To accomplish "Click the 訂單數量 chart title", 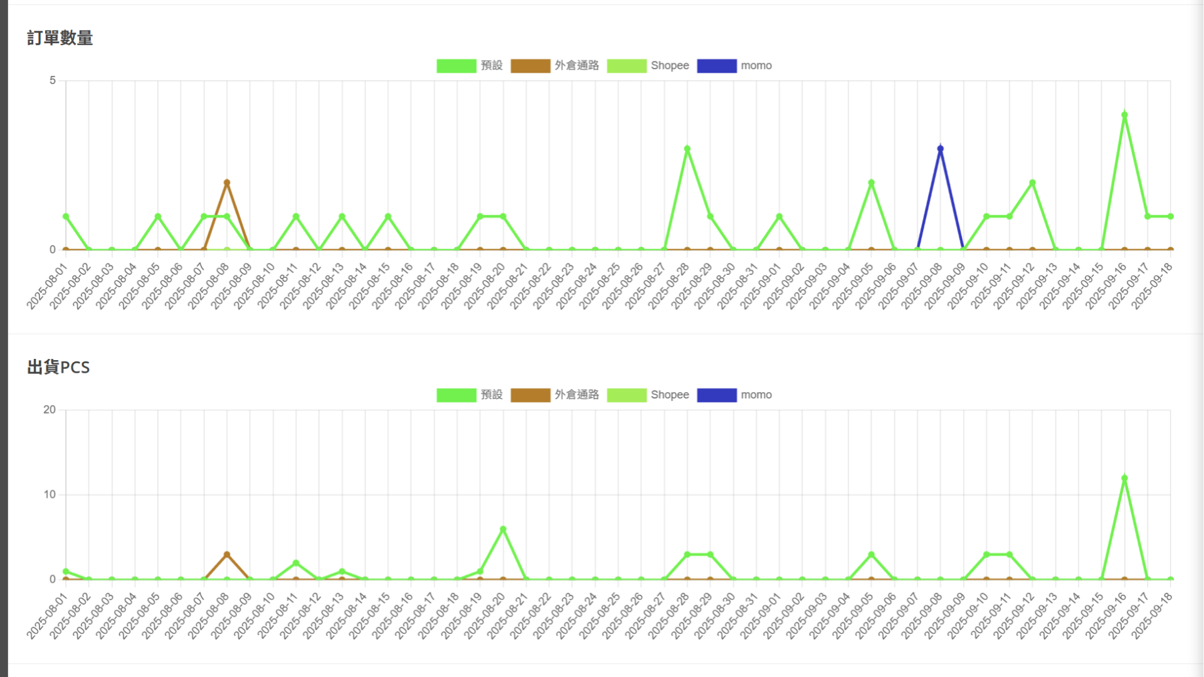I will click(x=60, y=38).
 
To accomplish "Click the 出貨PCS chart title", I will click(x=58, y=368).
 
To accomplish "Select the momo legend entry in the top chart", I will click(x=734, y=66).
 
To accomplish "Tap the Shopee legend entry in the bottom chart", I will click(x=648, y=395).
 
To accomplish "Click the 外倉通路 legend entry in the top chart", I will click(x=554, y=66).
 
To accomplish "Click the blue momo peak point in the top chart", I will click(x=940, y=149).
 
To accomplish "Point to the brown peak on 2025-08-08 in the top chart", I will click(x=227, y=183).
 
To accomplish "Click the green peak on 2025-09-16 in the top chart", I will click(x=1124, y=115).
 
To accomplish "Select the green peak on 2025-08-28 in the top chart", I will click(x=687, y=149).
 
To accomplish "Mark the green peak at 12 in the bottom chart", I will click(x=1124, y=478).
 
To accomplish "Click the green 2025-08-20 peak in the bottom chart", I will click(x=503, y=529).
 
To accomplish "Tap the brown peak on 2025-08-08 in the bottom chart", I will click(x=227, y=555).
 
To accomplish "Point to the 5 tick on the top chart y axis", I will click(x=53, y=80).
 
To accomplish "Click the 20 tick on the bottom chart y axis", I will click(x=50, y=410).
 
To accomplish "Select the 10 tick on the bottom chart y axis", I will click(x=50, y=494).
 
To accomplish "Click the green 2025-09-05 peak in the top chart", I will click(x=871, y=183).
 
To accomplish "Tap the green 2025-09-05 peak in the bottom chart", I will click(x=871, y=555).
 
